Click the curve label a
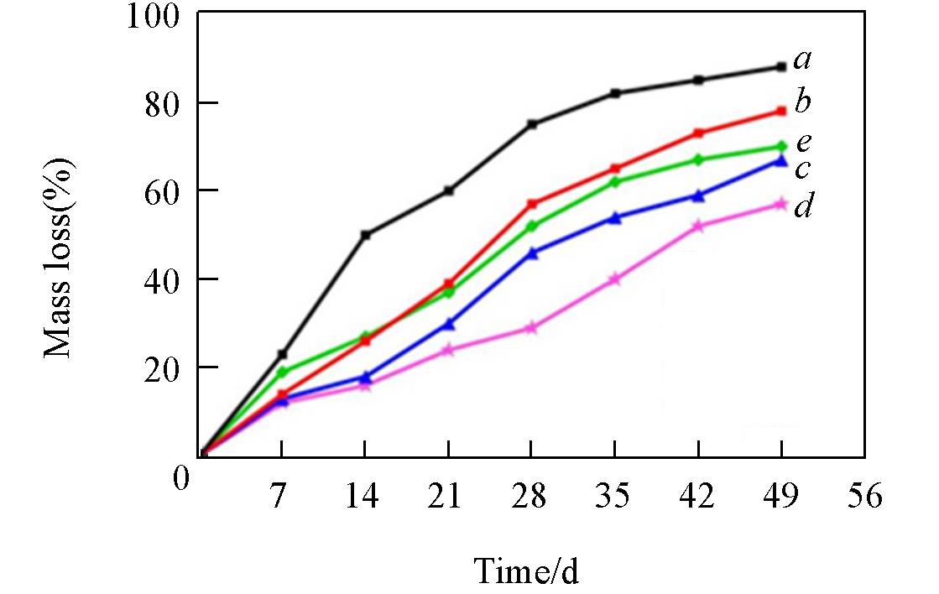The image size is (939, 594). tap(803, 60)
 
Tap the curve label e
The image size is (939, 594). tap(802, 142)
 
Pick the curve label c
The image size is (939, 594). tap(802, 169)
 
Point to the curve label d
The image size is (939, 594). tap(802, 206)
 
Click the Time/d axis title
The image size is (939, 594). tap(526, 571)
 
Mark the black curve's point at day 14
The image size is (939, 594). tap(365, 235)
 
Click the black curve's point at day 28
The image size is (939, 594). tap(531, 124)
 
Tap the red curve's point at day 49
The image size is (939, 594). tap(781, 111)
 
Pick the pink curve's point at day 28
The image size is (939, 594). tap(531, 328)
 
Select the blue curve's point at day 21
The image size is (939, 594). tap(449, 324)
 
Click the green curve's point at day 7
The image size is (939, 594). tap(282, 372)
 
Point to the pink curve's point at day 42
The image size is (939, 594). tap(698, 227)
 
